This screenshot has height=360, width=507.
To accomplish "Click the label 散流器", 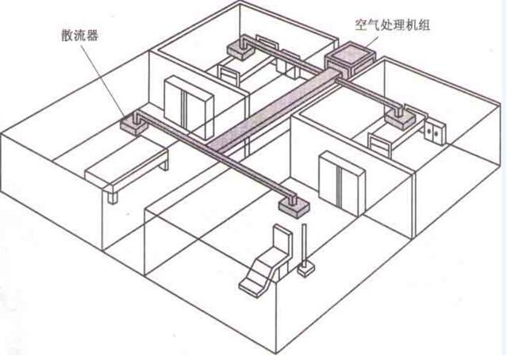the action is click(79, 35).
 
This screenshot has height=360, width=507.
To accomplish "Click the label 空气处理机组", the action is click(392, 25).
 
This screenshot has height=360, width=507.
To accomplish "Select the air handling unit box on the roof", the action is click(350, 60).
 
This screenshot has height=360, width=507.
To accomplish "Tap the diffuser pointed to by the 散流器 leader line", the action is click(133, 122).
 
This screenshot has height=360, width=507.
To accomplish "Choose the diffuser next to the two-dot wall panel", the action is click(400, 117).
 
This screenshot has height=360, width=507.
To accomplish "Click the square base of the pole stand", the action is click(305, 270).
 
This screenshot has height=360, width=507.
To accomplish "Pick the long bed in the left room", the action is click(127, 171).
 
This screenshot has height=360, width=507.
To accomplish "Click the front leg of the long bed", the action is click(112, 197).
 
